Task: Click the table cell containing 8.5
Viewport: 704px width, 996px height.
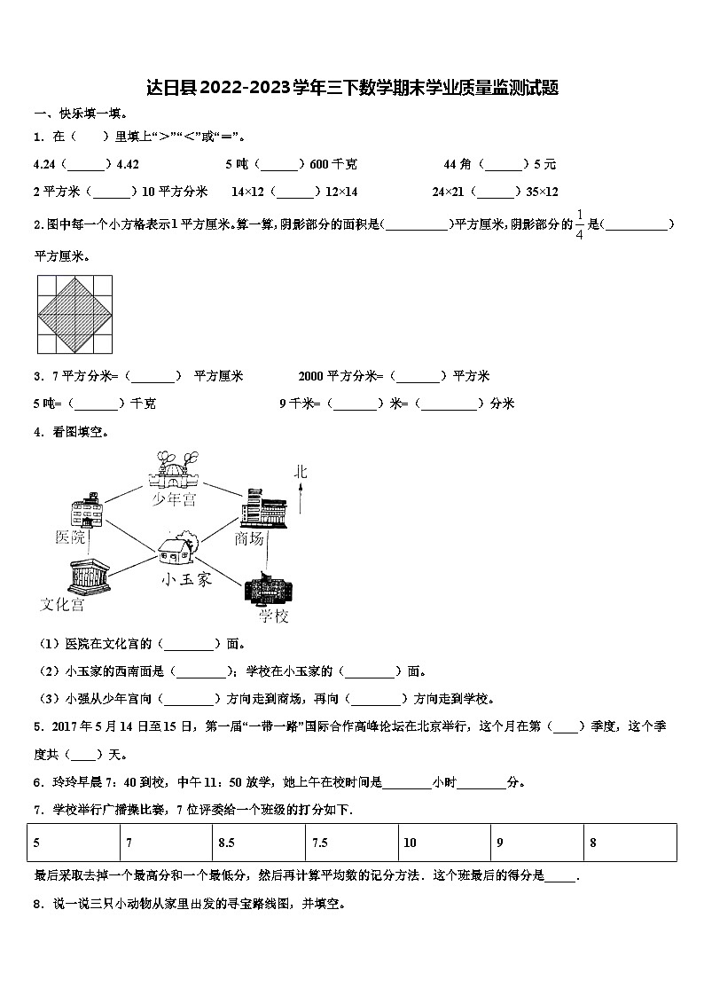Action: pyautogui.click(x=259, y=843)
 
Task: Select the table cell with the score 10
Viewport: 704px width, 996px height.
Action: pyautogui.click(x=445, y=843)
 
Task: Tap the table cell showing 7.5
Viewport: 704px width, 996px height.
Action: pyautogui.click(x=352, y=843)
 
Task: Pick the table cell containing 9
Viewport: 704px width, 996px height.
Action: pyautogui.click(x=537, y=843)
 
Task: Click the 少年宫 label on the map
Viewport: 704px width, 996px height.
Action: pyautogui.click(x=174, y=500)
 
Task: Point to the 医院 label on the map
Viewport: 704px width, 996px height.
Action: pyautogui.click(x=72, y=537)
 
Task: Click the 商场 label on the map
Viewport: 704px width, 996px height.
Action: pyautogui.click(x=250, y=538)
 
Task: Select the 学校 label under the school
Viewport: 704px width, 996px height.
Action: pyautogui.click(x=273, y=616)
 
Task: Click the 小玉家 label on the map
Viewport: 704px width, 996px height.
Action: pyautogui.click(x=186, y=580)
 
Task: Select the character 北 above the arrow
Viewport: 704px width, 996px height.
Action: pyautogui.click(x=301, y=472)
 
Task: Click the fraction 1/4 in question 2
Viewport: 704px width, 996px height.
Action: pyautogui.click(x=580, y=224)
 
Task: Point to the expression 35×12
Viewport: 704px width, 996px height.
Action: pyautogui.click(x=542, y=192)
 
